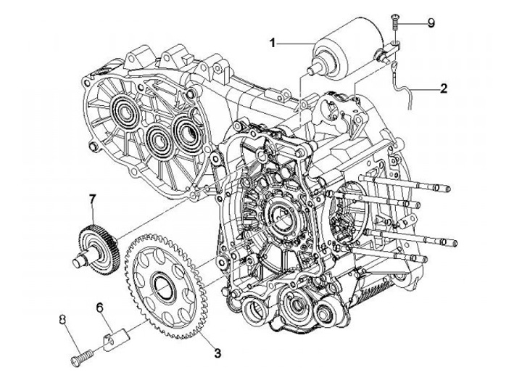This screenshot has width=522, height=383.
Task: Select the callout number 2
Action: coord(442,90)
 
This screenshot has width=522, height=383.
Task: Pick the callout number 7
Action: coord(92,198)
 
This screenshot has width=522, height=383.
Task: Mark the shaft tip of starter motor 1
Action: coord(312,70)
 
